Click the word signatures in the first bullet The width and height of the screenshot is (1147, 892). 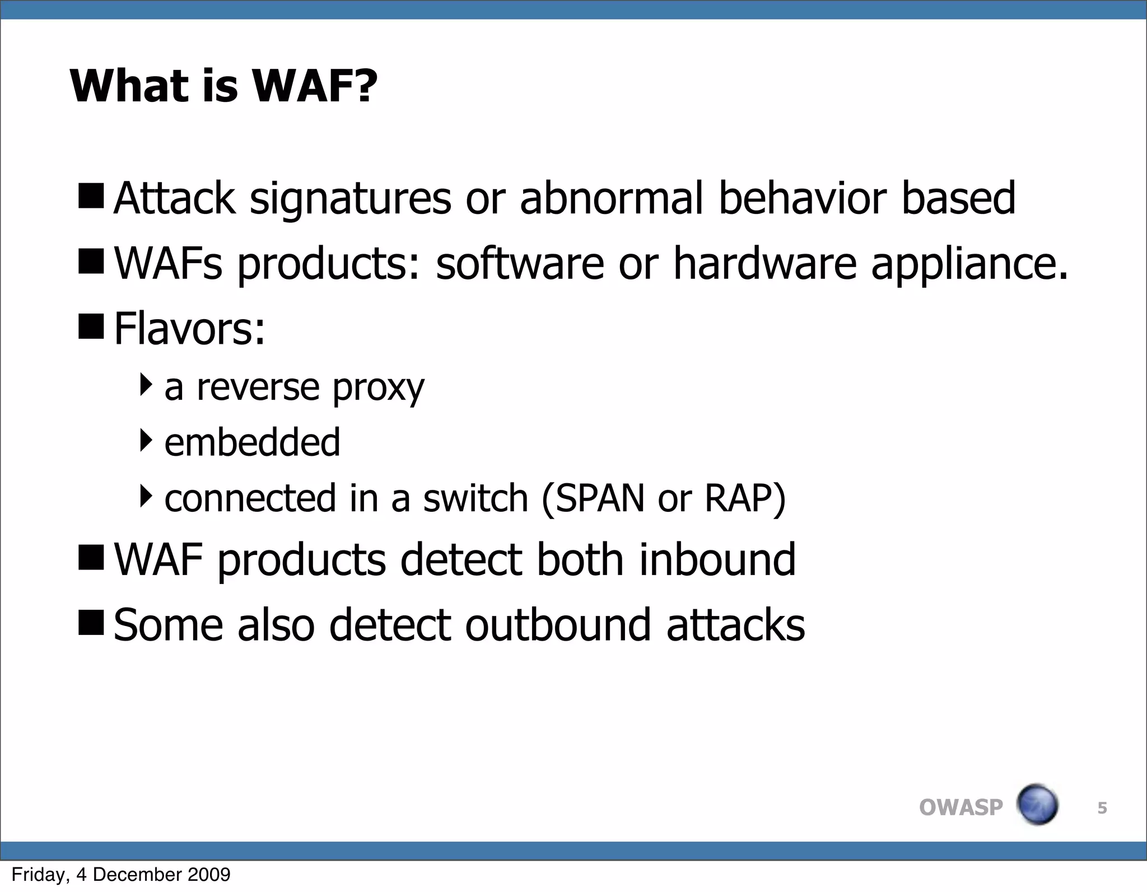[x=350, y=198]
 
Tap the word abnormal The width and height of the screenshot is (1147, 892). [x=611, y=198]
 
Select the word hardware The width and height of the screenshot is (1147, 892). [x=764, y=264]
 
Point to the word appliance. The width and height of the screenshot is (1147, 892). [x=969, y=264]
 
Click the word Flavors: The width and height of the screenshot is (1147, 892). [x=189, y=329]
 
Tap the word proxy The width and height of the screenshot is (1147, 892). [x=378, y=387]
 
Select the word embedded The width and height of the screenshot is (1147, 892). [x=252, y=442]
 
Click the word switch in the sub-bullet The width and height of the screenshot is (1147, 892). [x=475, y=498]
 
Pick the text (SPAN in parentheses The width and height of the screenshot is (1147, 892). [x=593, y=498]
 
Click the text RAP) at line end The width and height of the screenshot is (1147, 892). [x=745, y=498]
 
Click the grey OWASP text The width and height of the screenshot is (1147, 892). [x=961, y=807]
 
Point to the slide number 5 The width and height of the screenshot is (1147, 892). [x=1102, y=808]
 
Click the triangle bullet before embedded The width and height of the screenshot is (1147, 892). [x=146, y=440]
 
